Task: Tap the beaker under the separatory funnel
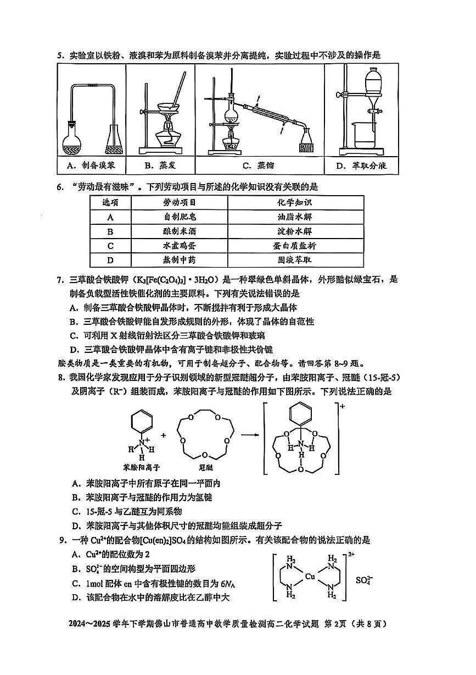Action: [x=363, y=135]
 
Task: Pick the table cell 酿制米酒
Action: [x=179, y=231]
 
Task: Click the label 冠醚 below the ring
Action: [x=204, y=467]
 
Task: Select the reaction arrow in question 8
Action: [x=250, y=435]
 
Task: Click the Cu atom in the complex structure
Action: [x=310, y=577]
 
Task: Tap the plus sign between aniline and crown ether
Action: [x=163, y=434]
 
